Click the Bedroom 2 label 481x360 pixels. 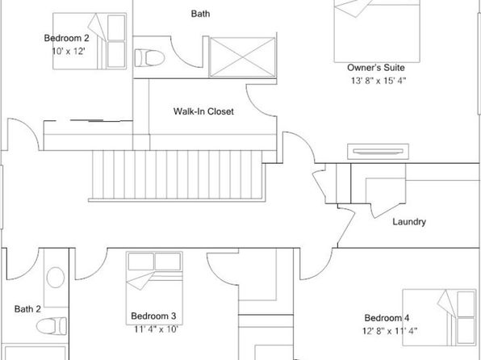click(66, 38)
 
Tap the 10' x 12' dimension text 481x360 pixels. click(68, 51)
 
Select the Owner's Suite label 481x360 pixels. click(376, 68)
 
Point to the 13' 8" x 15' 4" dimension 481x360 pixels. click(379, 81)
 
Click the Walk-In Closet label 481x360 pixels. click(203, 111)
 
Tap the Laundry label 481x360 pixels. click(409, 222)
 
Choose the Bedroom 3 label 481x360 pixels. click(153, 316)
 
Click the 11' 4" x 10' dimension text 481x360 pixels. click(156, 329)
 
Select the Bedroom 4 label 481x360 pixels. click(387, 318)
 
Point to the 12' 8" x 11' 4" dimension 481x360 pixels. click(390, 332)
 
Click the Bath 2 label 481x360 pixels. click(27, 309)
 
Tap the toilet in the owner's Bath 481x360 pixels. click(149, 57)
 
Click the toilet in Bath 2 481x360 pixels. click(51, 326)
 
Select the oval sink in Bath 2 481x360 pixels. click(56, 278)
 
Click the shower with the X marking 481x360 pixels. click(243, 57)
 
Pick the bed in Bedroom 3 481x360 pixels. click(154, 288)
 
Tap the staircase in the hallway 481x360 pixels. click(177, 175)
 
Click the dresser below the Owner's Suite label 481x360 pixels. click(378, 152)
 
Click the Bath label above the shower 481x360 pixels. click(201, 14)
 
